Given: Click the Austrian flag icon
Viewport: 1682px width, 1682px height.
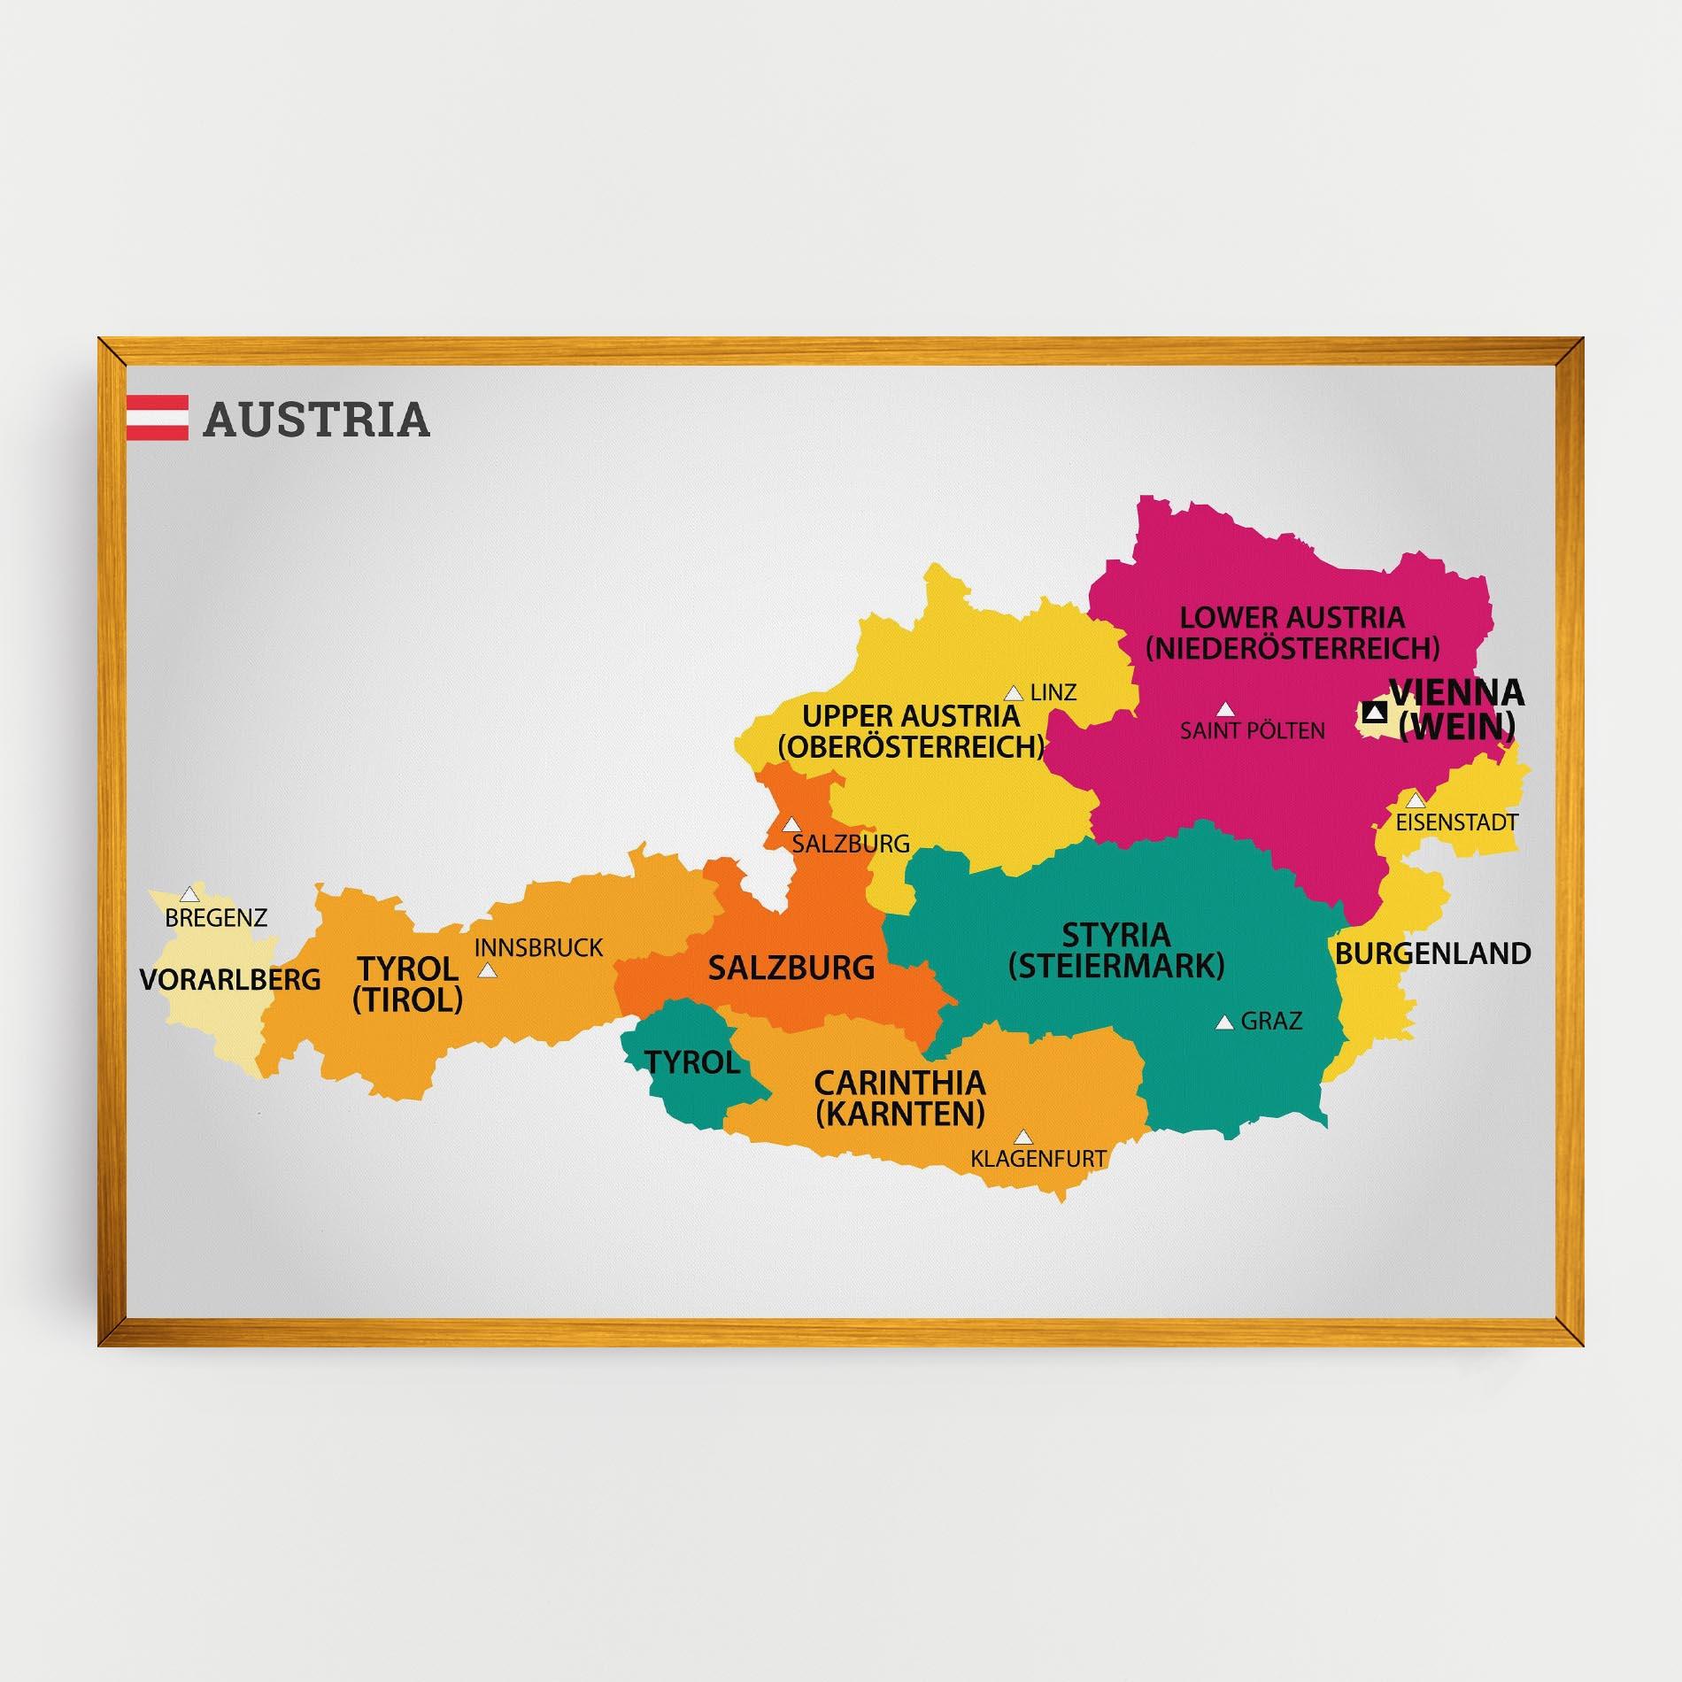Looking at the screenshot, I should (157, 418).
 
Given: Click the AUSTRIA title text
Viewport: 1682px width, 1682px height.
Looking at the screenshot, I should (316, 420).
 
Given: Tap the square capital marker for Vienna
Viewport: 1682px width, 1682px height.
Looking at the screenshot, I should (1374, 712).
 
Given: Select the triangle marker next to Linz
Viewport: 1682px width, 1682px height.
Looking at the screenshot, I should (1013, 693).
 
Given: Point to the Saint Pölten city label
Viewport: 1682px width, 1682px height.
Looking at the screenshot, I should (1252, 731).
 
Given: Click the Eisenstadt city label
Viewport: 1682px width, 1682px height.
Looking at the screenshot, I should (1456, 822).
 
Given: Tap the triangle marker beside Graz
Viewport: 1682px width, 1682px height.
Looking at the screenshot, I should (1224, 1022).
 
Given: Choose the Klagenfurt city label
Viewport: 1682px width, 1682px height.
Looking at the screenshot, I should (1038, 1157).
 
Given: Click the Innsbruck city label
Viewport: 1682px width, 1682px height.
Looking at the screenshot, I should (538, 948).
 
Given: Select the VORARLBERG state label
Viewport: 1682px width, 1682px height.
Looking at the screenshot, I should (230, 979).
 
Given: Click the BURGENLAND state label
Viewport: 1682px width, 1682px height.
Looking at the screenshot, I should (1432, 953).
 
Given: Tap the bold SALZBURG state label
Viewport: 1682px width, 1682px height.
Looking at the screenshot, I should (791, 968).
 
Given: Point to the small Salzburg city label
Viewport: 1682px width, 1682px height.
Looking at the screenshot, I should (851, 844).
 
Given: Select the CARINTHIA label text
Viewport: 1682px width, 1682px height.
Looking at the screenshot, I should (899, 1083).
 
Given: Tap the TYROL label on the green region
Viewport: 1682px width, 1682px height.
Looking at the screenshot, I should (692, 1062).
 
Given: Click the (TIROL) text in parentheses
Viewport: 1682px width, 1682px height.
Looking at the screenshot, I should (407, 999).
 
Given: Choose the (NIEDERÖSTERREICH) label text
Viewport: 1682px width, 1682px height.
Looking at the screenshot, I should (1292, 648).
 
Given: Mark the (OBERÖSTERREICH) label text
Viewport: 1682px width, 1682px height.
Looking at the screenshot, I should (911, 746).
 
